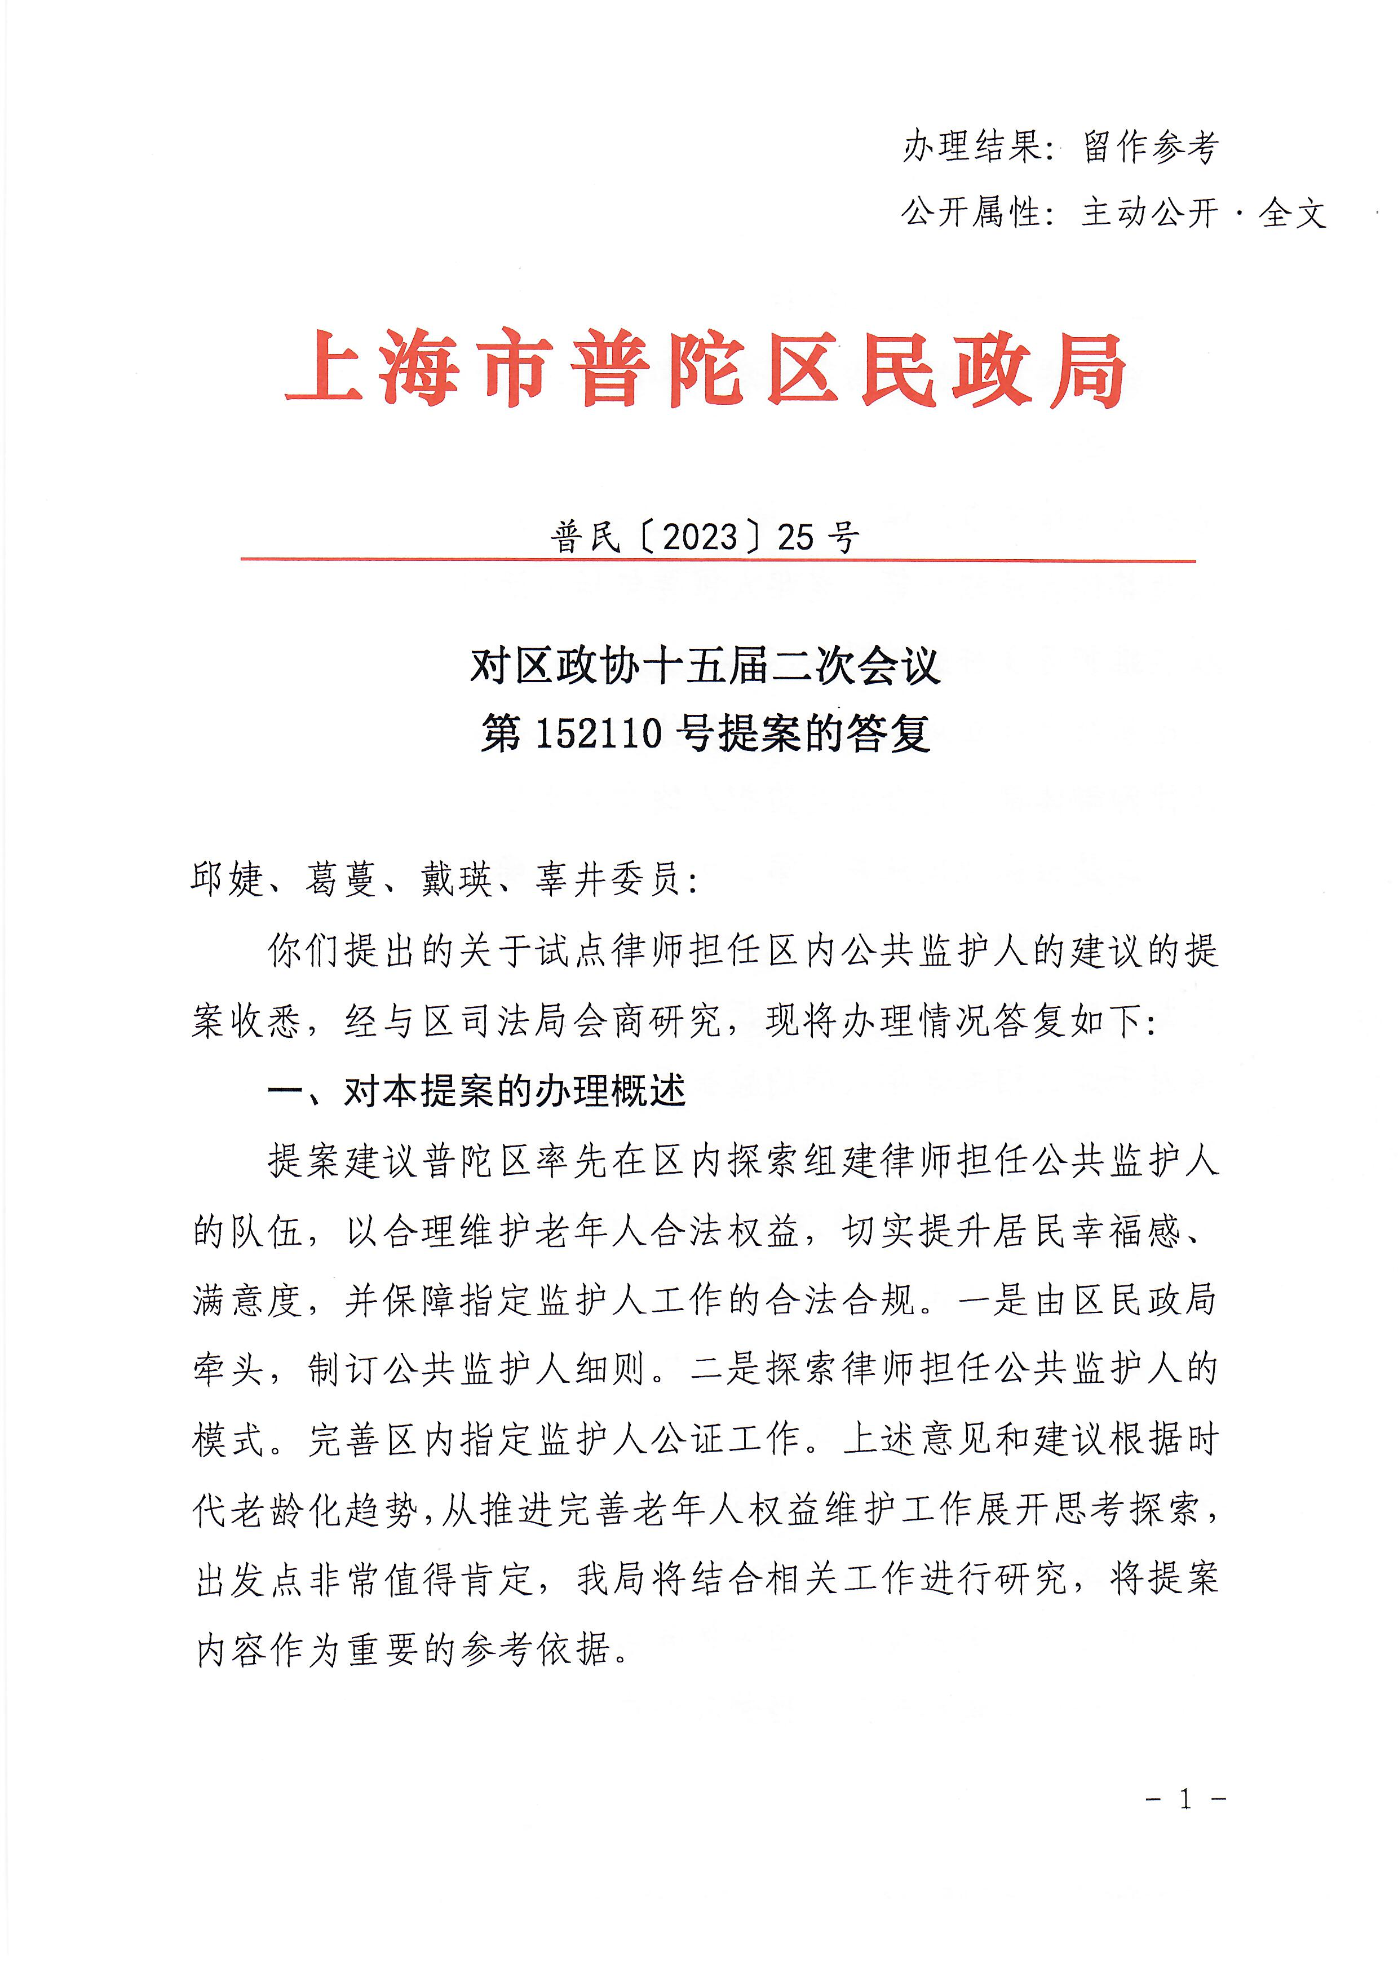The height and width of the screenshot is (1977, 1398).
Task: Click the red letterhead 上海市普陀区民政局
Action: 705,369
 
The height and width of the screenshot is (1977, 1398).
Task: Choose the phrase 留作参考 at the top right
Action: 1151,147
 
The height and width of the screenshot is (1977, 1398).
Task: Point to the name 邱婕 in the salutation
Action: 227,880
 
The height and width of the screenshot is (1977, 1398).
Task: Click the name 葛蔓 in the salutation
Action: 342,880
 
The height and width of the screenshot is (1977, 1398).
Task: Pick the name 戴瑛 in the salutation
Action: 456,880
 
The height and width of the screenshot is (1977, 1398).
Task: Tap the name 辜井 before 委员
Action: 570,880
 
